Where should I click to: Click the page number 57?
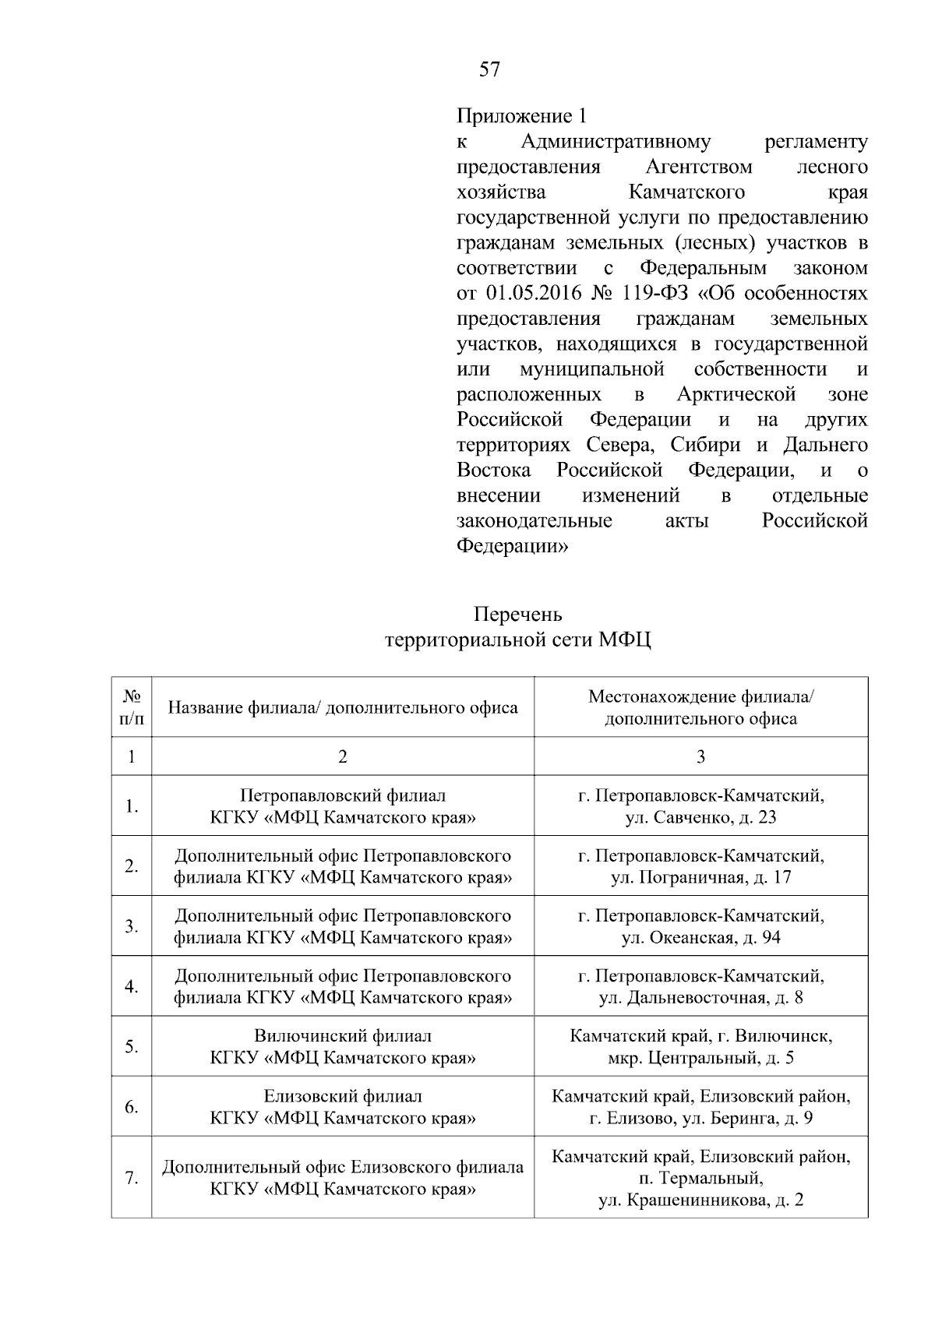tap(489, 70)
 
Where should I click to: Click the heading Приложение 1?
tap(520, 117)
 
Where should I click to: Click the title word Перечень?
tap(518, 615)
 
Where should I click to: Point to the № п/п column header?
tap(131, 707)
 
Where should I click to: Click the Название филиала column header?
tap(343, 707)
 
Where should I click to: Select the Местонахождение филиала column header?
tap(700, 707)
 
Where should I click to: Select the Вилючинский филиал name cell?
tap(343, 1047)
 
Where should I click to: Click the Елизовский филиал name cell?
tap(343, 1107)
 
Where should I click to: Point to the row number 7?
tap(132, 1178)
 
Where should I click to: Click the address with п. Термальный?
tap(700, 1178)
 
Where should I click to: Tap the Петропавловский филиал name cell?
tap(343, 806)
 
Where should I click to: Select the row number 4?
tap(132, 986)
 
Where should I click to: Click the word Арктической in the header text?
tap(736, 394)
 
